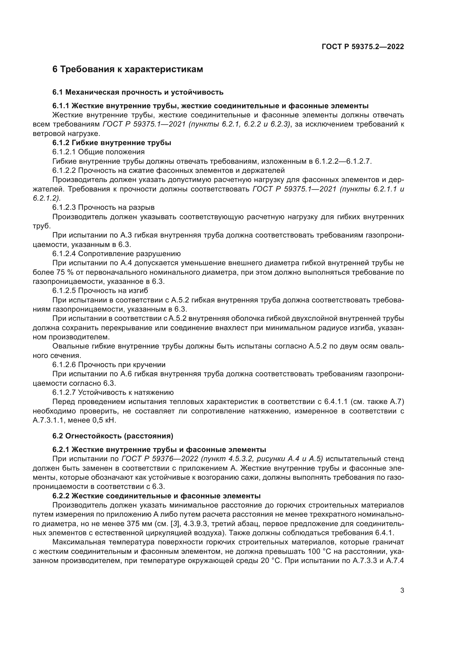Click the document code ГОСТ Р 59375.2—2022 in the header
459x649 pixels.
[363, 47]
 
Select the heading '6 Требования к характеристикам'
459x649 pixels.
[128, 69]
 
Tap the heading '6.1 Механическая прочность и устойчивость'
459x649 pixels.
[138, 92]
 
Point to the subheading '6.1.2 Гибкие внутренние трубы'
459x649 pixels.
[112, 143]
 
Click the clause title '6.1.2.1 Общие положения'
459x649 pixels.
[98, 152]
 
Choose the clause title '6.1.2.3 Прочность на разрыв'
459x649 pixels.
[104, 208]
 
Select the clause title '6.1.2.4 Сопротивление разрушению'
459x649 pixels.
[117, 254]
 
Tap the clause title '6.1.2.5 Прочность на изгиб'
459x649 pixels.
[100, 291]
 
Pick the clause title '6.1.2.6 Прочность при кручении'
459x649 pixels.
[109, 365]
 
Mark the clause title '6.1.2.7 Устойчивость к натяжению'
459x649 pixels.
[113, 392]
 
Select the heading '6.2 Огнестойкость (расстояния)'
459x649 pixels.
[113, 436]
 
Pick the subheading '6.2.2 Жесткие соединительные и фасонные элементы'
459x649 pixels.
[156, 496]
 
